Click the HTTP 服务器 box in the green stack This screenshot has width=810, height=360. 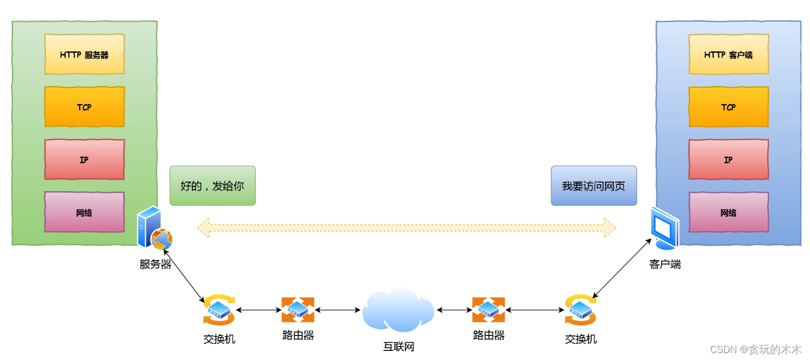click(x=84, y=54)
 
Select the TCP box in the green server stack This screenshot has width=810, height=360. click(x=84, y=107)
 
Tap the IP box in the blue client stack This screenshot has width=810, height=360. click(x=728, y=160)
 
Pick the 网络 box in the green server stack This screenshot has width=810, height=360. click(x=84, y=213)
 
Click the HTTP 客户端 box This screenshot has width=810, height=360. click(x=728, y=54)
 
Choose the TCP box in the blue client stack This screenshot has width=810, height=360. click(x=728, y=107)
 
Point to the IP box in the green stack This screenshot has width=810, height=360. click(x=84, y=160)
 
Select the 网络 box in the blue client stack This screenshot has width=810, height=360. click(x=728, y=213)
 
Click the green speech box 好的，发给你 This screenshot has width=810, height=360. click(x=213, y=186)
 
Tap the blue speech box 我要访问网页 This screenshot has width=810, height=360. click(x=593, y=186)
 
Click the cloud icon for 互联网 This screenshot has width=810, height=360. click(x=398, y=310)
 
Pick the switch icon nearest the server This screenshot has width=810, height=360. click(x=219, y=310)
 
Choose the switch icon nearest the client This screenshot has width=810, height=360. click(x=580, y=310)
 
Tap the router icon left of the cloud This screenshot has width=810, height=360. click(x=298, y=310)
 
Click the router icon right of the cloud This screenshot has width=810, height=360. click(x=488, y=310)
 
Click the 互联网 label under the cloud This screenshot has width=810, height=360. click(x=398, y=347)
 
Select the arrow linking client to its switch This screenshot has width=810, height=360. click(x=622, y=269)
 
